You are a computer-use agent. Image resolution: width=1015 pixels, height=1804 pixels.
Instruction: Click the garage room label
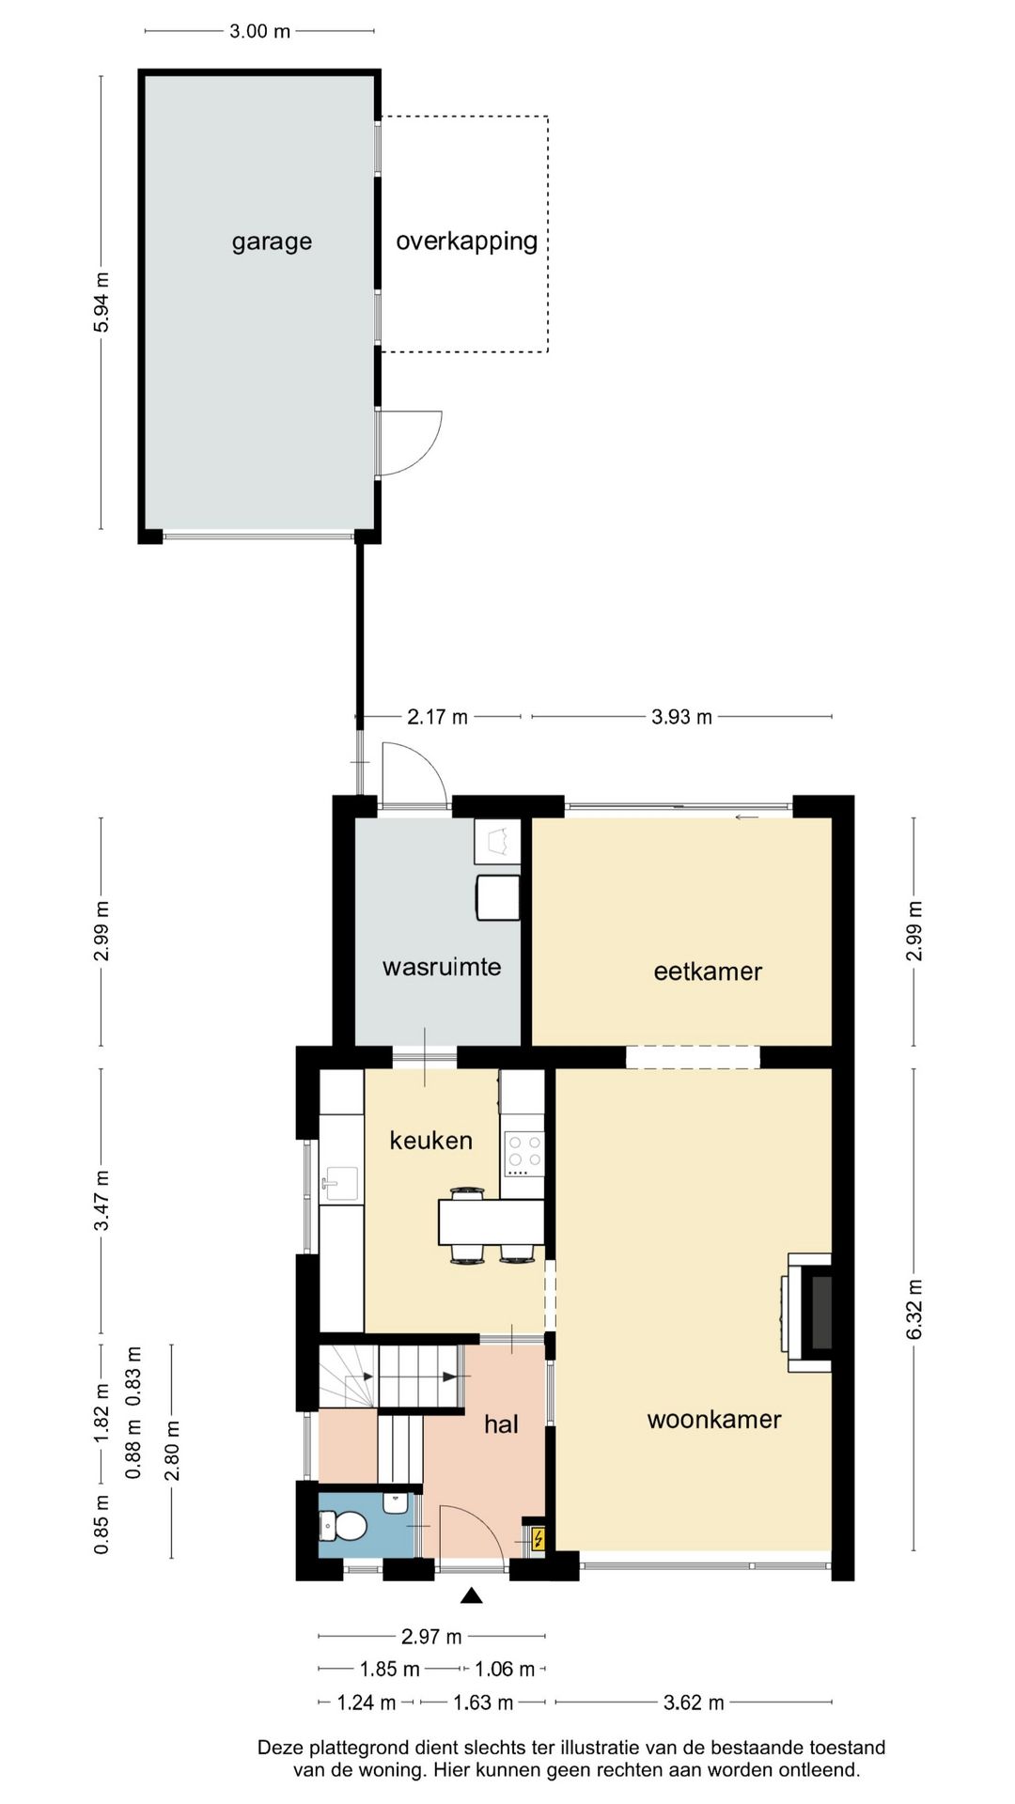[272, 242]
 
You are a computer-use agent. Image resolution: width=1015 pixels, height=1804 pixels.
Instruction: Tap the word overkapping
[466, 242]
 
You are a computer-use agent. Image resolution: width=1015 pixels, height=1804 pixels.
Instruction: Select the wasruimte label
[442, 967]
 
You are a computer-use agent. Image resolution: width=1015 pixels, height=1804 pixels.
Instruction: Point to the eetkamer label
[708, 972]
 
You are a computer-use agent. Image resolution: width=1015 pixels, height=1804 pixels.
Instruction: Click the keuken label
[430, 1141]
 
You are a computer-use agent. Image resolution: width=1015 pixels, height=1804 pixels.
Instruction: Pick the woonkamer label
[714, 1420]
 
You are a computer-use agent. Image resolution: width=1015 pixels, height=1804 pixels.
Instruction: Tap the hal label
[501, 1424]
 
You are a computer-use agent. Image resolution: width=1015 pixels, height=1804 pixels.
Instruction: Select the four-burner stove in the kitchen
[524, 1155]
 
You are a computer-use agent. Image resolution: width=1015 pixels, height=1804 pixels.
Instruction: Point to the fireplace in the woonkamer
[809, 1313]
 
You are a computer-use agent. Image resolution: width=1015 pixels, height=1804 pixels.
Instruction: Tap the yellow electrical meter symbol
[539, 1538]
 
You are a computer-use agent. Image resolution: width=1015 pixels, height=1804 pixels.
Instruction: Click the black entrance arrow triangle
[472, 1594]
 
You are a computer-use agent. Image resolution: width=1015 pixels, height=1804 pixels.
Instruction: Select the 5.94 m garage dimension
[101, 303]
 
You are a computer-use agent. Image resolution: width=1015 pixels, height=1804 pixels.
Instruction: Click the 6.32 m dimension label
[914, 1309]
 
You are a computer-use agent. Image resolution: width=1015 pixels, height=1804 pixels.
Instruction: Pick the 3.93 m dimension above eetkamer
[681, 717]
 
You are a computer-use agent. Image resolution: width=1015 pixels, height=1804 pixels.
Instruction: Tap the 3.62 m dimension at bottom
[694, 1703]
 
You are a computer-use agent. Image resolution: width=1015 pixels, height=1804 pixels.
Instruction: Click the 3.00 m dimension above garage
[259, 31]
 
